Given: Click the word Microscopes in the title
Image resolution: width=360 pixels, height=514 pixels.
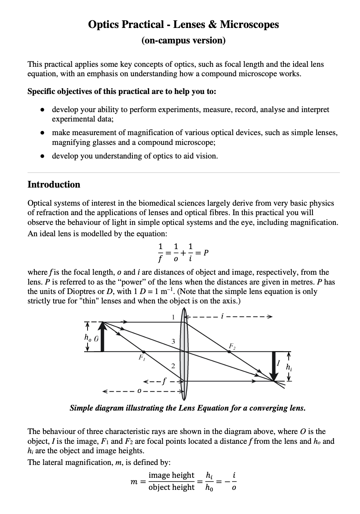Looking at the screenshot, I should coord(249,25).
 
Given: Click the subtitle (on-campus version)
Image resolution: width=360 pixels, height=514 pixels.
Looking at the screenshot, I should coord(183,40).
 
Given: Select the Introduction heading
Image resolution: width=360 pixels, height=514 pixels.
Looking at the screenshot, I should coord(54,185).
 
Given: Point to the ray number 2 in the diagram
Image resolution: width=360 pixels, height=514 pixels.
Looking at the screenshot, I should coord(173,366).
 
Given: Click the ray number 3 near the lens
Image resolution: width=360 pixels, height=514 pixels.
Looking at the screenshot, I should coord(173,341).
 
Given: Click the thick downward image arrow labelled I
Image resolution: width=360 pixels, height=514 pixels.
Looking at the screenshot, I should coord(274,365).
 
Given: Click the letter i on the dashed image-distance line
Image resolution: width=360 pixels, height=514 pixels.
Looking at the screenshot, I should coord(222,316).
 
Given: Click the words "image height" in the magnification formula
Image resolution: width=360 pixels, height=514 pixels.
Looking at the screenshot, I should coord(171,475).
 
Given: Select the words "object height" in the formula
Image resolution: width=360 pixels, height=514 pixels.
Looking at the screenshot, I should coord(171,487).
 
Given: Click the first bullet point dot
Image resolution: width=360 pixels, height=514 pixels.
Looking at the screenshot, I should coord(43,110).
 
